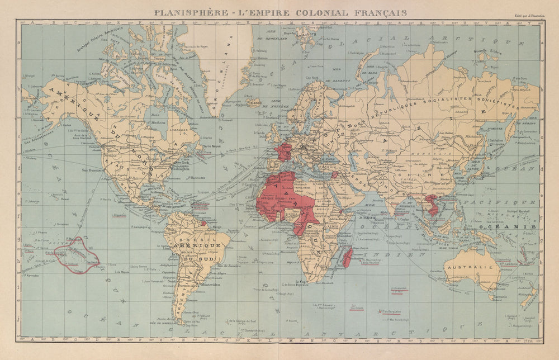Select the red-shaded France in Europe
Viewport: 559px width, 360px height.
coord(283,151)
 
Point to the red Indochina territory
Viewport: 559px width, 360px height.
coord(433,205)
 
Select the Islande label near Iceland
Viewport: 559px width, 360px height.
coord(254,103)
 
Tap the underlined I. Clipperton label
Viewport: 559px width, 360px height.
coord(119,214)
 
